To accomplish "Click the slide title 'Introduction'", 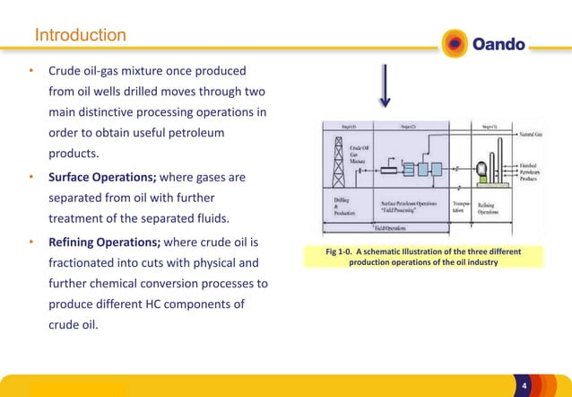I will click(x=80, y=36).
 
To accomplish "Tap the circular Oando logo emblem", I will click(x=455, y=42).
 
